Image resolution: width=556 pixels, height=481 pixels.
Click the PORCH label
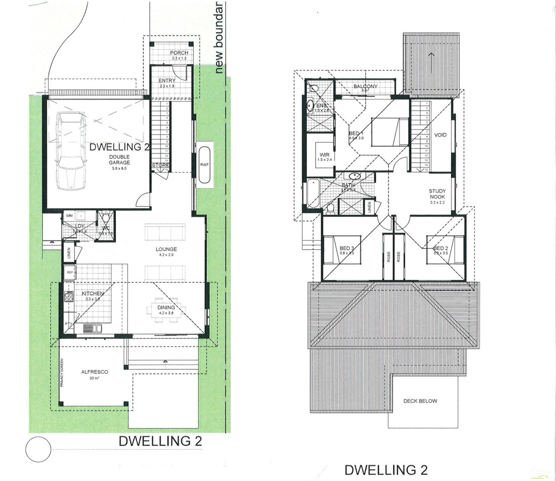(x=179, y=53)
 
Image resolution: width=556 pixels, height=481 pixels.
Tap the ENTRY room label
(x=167, y=81)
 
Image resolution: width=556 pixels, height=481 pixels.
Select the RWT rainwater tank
(x=204, y=164)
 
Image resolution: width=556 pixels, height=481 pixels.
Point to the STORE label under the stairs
(x=160, y=165)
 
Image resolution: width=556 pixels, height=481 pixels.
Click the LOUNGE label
(x=166, y=249)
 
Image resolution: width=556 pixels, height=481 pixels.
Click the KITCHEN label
(x=93, y=293)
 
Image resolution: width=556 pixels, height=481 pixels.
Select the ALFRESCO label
(x=94, y=372)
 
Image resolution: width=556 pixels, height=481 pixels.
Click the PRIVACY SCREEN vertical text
(x=62, y=373)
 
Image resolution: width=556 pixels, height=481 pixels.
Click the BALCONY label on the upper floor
(x=365, y=86)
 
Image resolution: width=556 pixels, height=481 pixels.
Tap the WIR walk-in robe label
(x=324, y=155)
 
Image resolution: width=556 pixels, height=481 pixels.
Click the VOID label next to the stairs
(x=440, y=135)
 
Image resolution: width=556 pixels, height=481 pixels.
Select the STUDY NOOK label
(x=437, y=194)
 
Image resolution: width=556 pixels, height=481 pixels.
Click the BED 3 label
(x=346, y=249)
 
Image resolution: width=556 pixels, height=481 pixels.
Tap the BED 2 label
(x=440, y=249)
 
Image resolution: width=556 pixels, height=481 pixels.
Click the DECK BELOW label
(x=420, y=401)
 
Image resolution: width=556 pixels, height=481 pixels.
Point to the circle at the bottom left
(x=38, y=449)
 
